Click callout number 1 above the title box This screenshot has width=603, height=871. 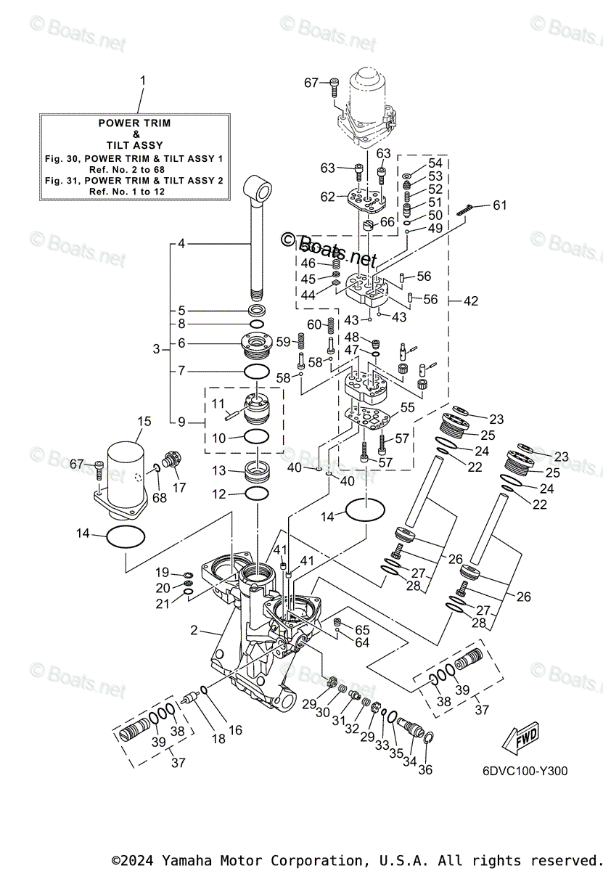coord(142,80)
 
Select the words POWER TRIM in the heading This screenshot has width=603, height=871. coord(135,123)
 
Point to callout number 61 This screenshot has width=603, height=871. coord(500,205)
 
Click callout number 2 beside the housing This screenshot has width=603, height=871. coord(194,630)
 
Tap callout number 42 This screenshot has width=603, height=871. coord(471,300)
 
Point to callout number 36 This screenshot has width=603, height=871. coord(425,769)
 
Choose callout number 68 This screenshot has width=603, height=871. coord(159,498)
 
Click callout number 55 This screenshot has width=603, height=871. coord(408,408)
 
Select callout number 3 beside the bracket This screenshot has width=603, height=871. coord(156,349)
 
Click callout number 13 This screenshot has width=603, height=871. coord(219,470)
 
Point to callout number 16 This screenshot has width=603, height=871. coord(235,730)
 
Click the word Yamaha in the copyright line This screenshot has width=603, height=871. coord(187,860)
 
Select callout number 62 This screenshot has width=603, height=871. coord(328,196)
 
